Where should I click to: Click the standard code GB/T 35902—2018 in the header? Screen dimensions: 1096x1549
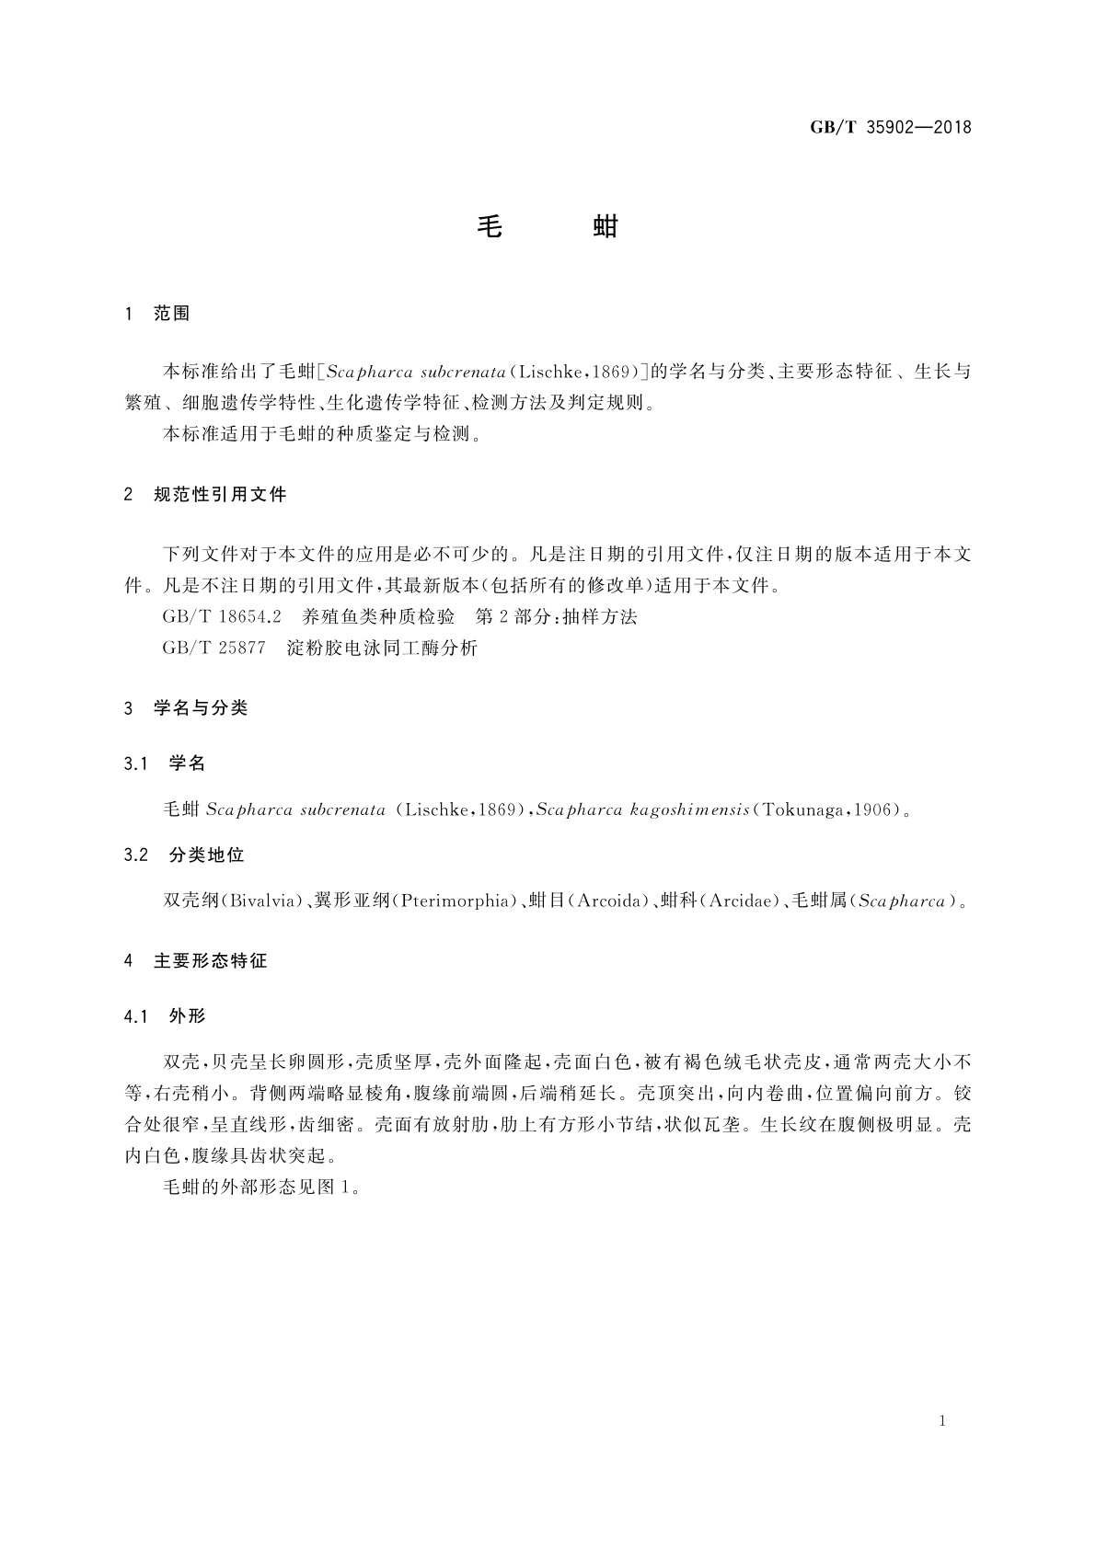click(x=890, y=128)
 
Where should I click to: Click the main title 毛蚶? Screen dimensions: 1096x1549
click(x=548, y=226)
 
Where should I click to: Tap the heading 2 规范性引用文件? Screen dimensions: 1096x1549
click(x=205, y=495)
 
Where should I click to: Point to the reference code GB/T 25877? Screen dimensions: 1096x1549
click(x=213, y=648)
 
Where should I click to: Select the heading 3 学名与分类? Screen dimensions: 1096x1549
click(x=186, y=708)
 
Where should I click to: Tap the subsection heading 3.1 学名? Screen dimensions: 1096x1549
click(x=165, y=763)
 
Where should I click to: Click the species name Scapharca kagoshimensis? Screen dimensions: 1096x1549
click(x=641, y=810)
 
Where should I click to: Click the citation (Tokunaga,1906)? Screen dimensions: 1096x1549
click(x=825, y=810)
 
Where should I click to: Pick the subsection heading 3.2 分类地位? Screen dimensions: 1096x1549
click(x=184, y=855)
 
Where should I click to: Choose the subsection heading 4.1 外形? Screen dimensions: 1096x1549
click(x=165, y=1016)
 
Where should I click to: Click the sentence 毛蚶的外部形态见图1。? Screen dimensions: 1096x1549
click(x=260, y=1187)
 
